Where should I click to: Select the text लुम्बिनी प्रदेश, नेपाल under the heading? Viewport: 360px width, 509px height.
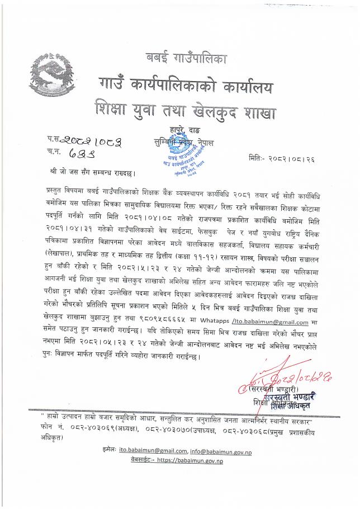coord(186,143)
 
